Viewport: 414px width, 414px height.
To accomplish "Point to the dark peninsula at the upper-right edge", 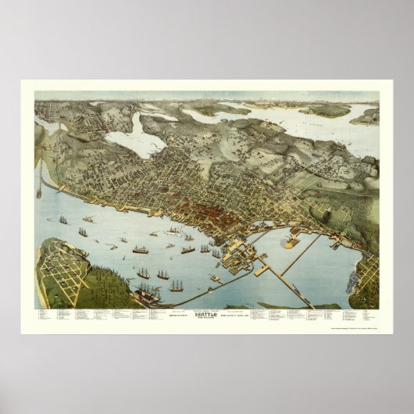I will (366, 117).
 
